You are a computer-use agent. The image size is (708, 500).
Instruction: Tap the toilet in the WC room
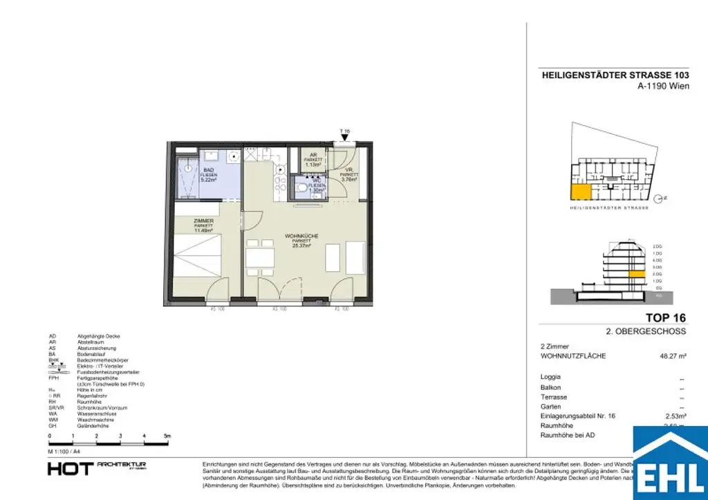tap(301, 187)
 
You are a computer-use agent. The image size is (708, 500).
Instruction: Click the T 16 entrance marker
tap(345, 131)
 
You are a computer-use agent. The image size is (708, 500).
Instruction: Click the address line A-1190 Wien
tap(662, 87)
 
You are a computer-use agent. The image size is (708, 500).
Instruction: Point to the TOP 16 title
tap(665, 318)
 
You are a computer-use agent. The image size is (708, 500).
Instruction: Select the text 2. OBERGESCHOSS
tap(646, 331)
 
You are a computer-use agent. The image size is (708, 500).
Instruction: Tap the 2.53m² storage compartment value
tap(675, 416)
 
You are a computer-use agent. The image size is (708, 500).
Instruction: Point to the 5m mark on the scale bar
tap(167, 437)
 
